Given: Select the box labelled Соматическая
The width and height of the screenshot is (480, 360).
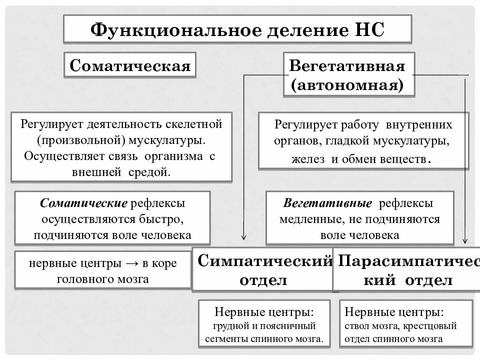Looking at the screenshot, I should point(130,65).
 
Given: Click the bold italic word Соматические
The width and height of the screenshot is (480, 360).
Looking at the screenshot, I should point(83,203).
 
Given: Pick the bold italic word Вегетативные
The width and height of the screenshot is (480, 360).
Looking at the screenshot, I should point(327,203).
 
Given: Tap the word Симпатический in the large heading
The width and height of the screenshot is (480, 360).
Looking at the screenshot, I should point(265,260).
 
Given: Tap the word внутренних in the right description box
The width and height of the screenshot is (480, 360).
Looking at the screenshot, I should point(423,124).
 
